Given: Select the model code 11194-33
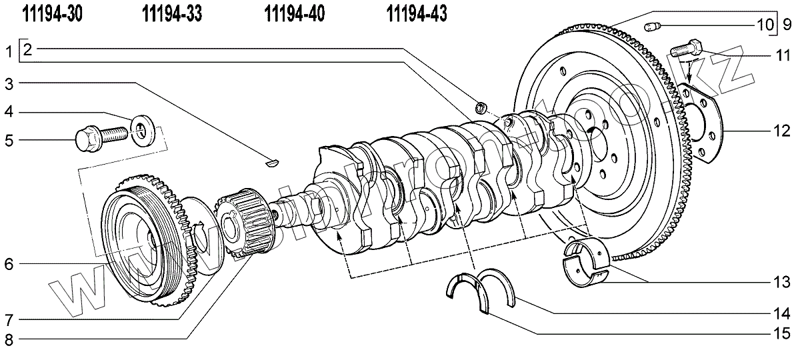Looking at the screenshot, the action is (x=173, y=13).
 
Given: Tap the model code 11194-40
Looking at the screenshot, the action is (x=295, y=13).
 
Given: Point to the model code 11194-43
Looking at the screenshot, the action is (x=417, y=13).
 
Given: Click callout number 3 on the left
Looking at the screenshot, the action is (x=9, y=83).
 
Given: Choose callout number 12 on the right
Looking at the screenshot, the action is (x=782, y=131).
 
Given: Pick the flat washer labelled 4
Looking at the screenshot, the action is (x=141, y=125).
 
